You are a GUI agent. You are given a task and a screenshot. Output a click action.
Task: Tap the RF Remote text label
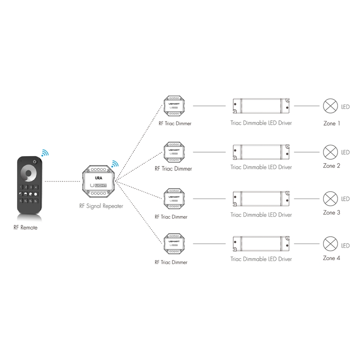(x=26, y=228)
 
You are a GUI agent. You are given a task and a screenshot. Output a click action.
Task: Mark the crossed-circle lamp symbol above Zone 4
(x=331, y=245)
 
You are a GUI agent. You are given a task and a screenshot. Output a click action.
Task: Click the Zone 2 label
(x=332, y=166)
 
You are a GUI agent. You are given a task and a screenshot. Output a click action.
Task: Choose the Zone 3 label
(x=332, y=212)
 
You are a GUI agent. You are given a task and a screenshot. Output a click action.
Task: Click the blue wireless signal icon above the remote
(x=44, y=153)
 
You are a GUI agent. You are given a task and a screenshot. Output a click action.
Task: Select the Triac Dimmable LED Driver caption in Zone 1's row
(x=261, y=121)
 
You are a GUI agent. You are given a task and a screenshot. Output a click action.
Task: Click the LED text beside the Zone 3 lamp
(x=345, y=199)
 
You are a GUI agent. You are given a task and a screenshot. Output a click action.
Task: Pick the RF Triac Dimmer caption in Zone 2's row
(x=173, y=169)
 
